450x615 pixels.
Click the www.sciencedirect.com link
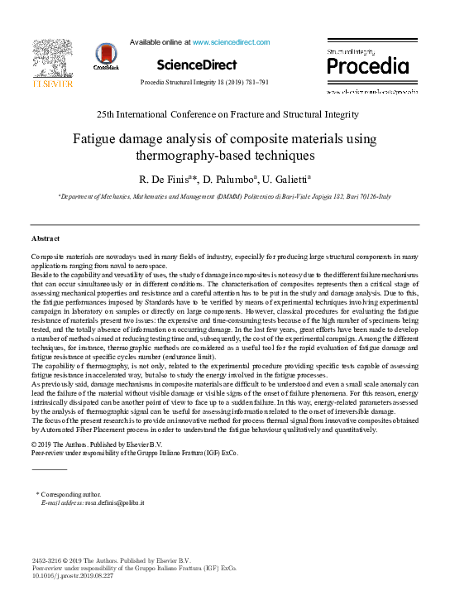pos(231,41)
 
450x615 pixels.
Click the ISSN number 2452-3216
pos(47,561)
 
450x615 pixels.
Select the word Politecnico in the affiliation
pos(245,198)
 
